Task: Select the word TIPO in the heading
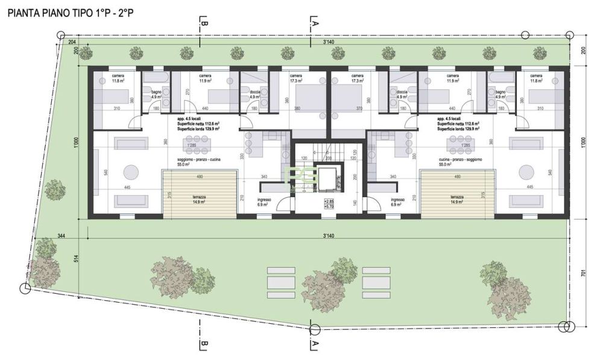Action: point(84,11)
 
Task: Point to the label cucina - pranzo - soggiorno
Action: point(457,159)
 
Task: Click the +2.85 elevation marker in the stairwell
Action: point(328,200)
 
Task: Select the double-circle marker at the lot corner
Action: point(565,327)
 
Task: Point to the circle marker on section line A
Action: point(314,329)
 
